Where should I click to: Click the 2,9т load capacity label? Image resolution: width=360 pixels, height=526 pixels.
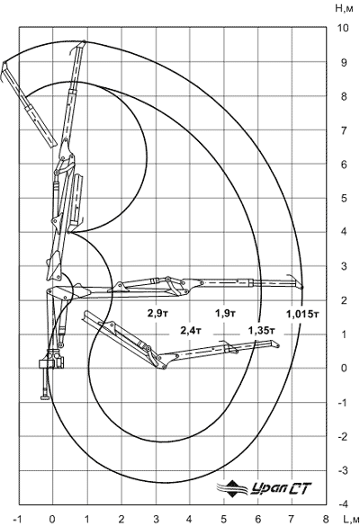[157, 313]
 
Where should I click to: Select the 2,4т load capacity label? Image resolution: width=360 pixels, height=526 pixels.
[191, 331]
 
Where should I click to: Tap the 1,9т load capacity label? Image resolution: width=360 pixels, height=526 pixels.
[225, 313]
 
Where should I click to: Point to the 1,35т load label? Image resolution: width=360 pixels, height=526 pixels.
[262, 331]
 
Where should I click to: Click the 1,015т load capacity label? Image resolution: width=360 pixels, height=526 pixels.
[302, 314]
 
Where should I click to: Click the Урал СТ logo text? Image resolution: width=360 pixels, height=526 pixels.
[281, 489]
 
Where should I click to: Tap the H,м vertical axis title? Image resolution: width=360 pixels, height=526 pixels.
[344, 9]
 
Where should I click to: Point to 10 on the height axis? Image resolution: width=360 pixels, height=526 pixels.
[344, 28]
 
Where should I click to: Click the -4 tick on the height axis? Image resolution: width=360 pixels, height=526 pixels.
[343, 504]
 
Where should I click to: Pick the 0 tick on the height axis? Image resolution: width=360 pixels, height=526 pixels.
[344, 368]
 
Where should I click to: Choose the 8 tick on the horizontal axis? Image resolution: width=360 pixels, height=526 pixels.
[326, 520]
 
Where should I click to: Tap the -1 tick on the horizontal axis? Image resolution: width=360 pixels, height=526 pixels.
[17, 520]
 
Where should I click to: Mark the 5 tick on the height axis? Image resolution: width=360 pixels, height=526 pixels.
[344, 198]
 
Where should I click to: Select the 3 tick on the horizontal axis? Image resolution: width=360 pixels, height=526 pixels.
[155, 520]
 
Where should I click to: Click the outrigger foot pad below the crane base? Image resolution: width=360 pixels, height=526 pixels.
[45, 397]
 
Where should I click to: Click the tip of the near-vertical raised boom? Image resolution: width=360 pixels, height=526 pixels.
[85, 41]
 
